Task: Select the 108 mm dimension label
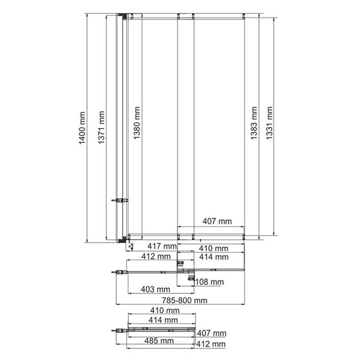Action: (210, 282)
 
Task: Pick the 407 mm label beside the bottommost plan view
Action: (211, 333)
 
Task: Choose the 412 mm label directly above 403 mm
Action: (155, 257)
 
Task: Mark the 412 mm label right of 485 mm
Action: (211, 344)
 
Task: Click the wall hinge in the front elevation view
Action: (121, 201)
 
